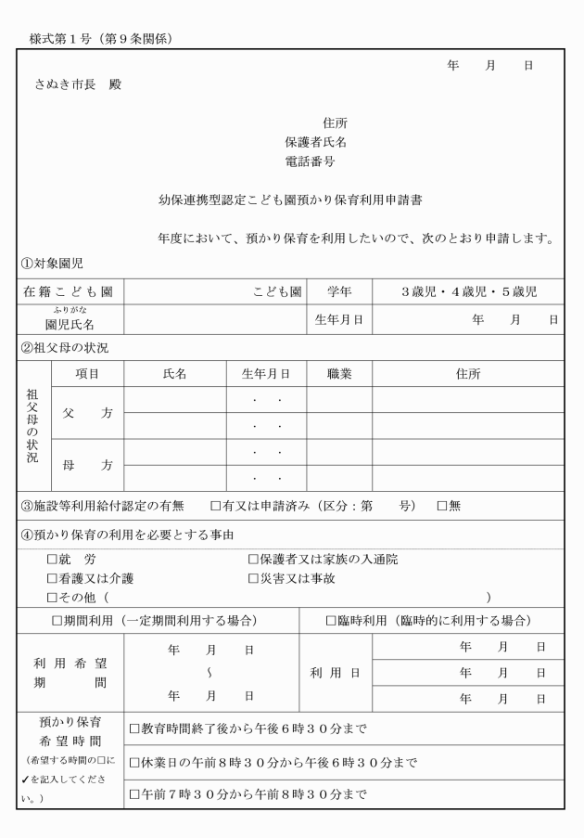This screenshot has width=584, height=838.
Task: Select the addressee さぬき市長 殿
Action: pos(77,84)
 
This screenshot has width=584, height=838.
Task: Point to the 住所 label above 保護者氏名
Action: pos(336,123)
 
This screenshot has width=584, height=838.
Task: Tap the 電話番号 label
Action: pos(310,161)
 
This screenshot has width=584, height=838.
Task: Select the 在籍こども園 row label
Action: pos(68,292)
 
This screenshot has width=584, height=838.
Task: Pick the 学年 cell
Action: pos(338,292)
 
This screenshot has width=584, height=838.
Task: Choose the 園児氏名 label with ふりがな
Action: pos(70,322)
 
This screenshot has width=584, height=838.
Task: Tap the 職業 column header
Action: pos(338,374)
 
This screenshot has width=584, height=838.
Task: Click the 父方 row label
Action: pos(82,413)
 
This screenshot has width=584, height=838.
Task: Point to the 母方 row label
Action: pos(82,465)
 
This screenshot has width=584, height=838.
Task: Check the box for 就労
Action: pos(52,560)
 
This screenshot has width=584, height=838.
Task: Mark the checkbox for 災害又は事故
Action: pos(253,578)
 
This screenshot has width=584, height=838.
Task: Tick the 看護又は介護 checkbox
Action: pos(52,578)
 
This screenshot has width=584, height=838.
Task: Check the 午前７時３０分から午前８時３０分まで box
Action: pos(134,794)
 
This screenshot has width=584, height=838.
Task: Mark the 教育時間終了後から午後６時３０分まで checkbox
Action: pos(134,728)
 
